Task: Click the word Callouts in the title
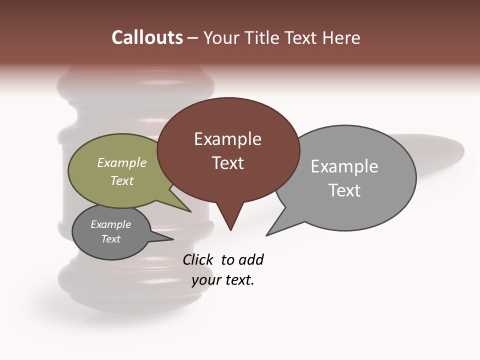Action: [147, 37]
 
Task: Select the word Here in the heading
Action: [341, 38]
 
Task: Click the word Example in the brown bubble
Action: [227, 139]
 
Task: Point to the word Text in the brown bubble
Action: [228, 163]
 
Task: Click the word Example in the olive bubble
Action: [122, 162]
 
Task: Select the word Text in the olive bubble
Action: [122, 180]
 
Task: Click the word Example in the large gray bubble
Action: [344, 166]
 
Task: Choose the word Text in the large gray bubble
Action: [344, 190]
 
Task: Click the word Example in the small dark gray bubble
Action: [111, 224]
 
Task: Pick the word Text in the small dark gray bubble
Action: [111, 239]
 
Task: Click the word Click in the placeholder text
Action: [197, 259]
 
